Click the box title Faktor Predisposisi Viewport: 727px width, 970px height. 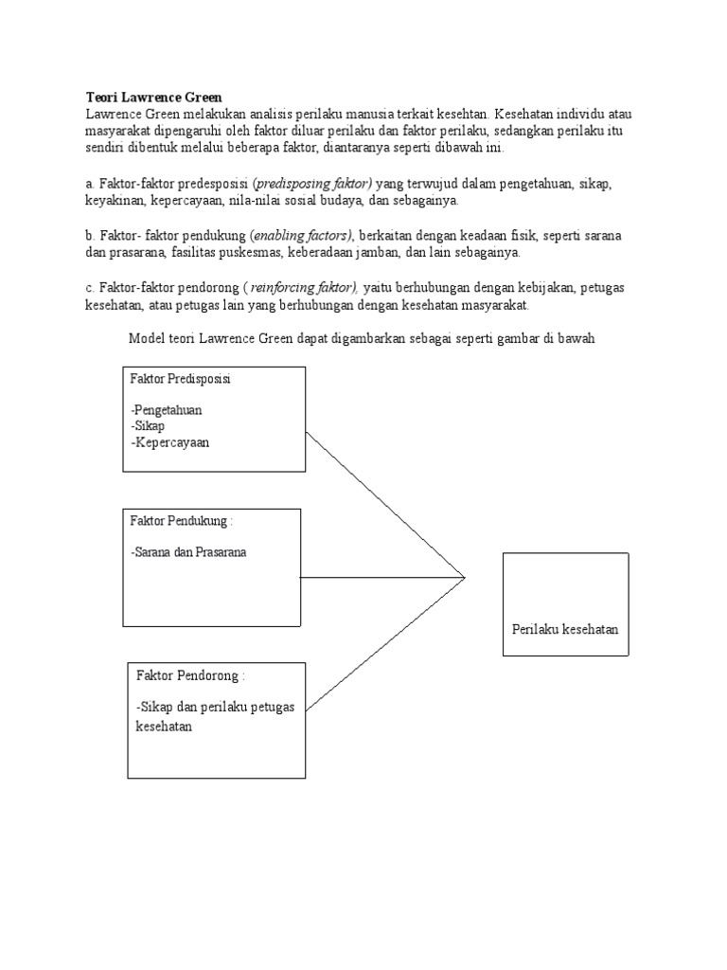coord(180,379)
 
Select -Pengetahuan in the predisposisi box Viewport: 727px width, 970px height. coord(168,411)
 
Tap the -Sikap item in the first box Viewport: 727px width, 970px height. coord(149,426)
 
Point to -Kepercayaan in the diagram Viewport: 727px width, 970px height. coord(170,441)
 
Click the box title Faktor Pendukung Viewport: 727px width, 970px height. coord(180,521)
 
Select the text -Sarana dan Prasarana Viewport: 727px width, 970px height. coord(189,552)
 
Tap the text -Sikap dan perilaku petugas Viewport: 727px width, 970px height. coord(216,708)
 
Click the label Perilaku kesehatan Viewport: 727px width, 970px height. coord(565,629)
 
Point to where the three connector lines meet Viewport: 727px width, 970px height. coord(465,577)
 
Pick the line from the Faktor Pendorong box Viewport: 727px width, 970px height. coord(388,642)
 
